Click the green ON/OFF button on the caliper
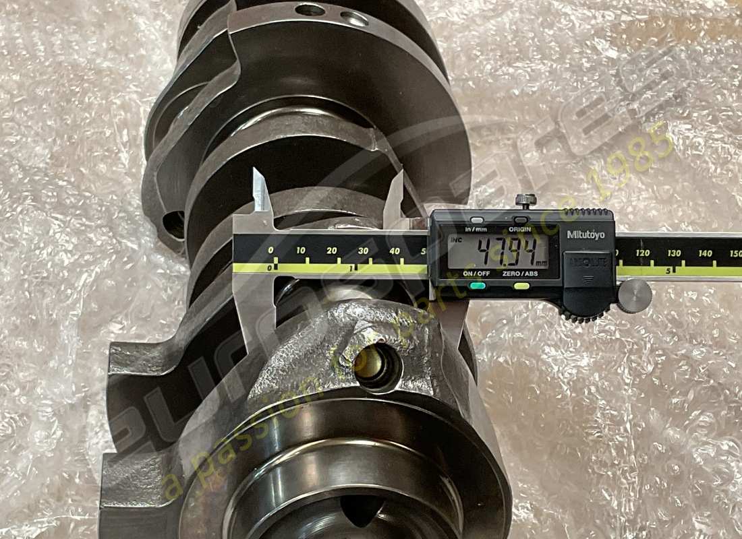tap(478, 286)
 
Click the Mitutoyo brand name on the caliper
tap(586, 234)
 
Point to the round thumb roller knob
tap(634, 296)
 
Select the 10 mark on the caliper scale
tap(301, 251)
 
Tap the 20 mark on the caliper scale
tap(332, 251)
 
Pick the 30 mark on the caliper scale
tap(363, 251)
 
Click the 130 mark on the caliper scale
tap(674, 253)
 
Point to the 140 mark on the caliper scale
tap(706, 253)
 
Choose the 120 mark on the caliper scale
tap(643, 253)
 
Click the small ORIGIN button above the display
tap(519, 220)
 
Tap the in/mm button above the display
tap(477, 220)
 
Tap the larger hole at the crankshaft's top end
tap(310, 9)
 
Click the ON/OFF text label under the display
tap(477, 274)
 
